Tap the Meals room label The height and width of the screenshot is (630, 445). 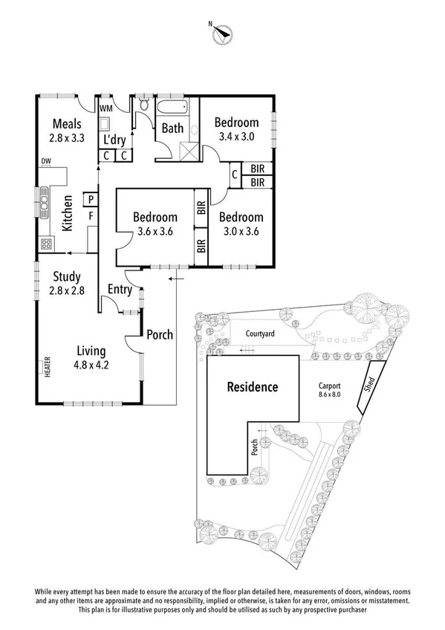click(x=66, y=123)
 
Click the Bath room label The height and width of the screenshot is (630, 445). click(x=172, y=129)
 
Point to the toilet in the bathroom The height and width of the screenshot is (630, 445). click(x=143, y=109)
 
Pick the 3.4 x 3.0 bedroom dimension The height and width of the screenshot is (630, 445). click(x=237, y=137)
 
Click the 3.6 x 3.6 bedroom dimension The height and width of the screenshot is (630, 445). click(x=155, y=231)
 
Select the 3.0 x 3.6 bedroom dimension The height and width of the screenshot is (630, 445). click(x=241, y=231)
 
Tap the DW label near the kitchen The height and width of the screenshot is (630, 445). click(x=46, y=161)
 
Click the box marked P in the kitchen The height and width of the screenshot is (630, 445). click(x=91, y=199)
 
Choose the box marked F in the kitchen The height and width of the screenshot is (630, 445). click(x=91, y=215)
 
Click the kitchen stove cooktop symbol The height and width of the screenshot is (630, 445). click(x=46, y=244)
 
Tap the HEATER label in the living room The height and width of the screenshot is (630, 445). click(x=48, y=367)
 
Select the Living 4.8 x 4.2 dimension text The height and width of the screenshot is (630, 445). click(x=91, y=365)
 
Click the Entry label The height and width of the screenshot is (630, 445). click(x=120, y=289)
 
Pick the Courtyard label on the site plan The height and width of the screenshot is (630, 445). click(x=260, y=334)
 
